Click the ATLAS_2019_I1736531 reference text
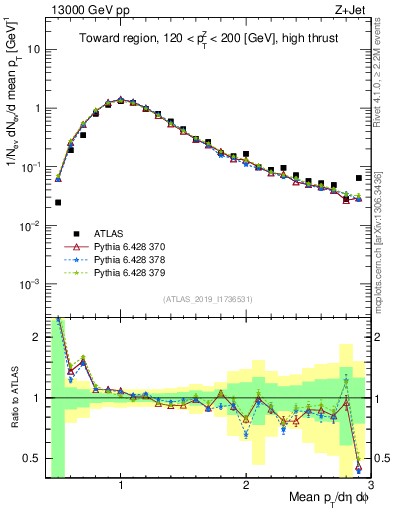click(207, 298)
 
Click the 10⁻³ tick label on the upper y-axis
click(32, 284)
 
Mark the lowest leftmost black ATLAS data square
click(58, 202)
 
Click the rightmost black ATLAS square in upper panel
click(359, 178)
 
